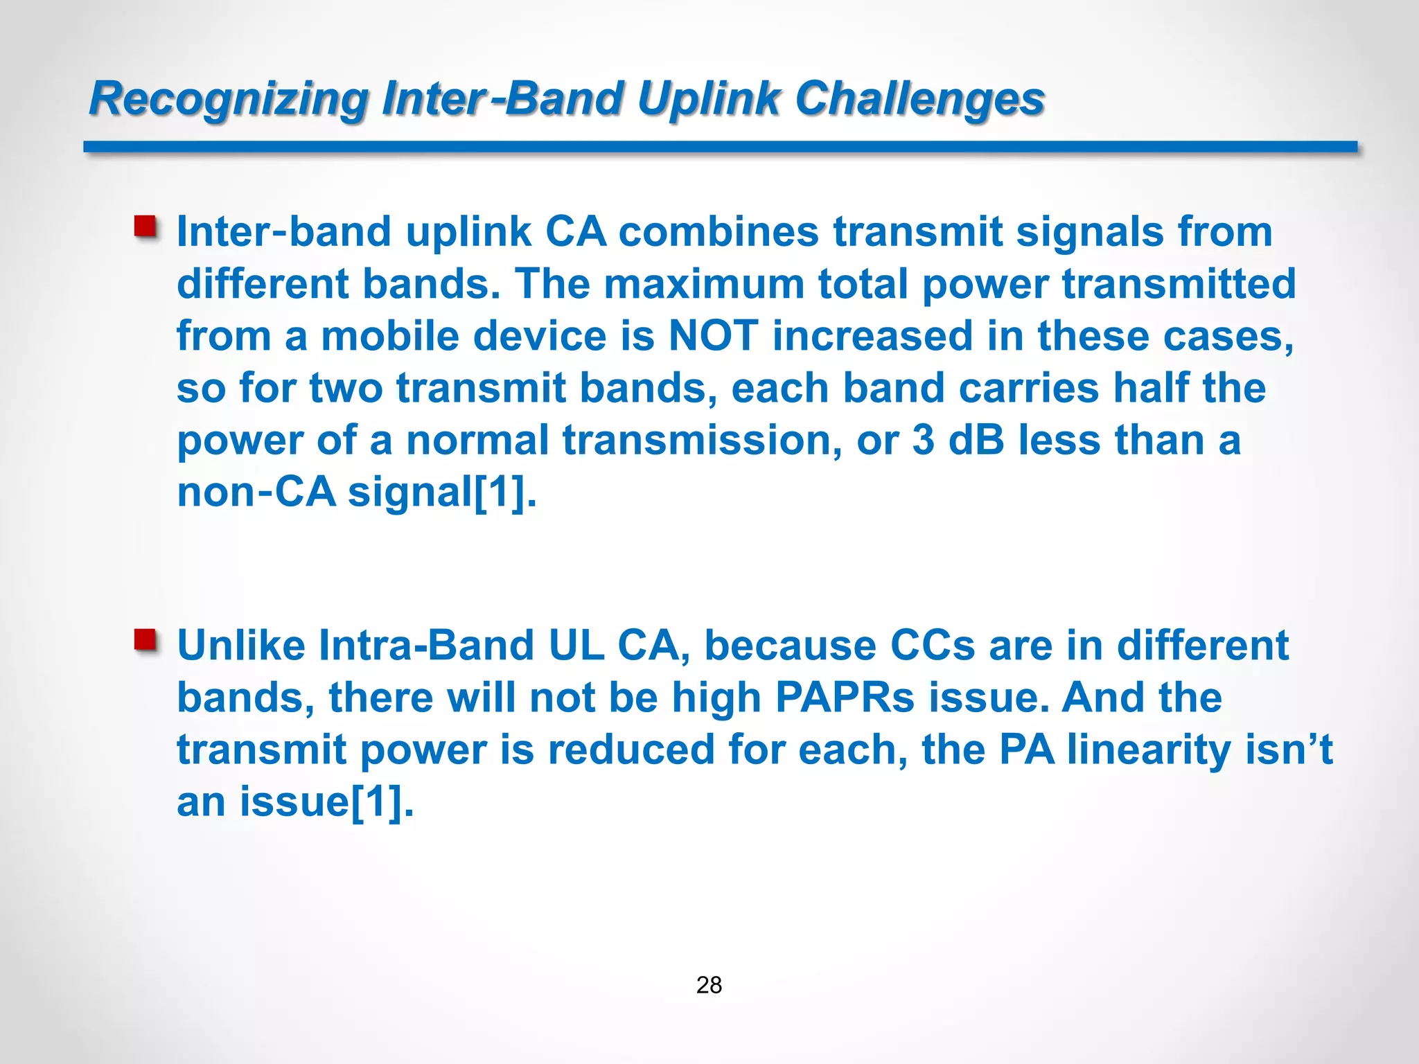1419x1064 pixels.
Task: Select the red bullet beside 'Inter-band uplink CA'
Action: pos(146,227)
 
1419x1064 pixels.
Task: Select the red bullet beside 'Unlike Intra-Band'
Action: pos(146,640)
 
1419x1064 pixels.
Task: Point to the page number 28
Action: pos(709,984)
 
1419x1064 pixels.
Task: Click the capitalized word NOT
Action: pos(713,336)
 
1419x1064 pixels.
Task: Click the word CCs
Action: pos(933,646)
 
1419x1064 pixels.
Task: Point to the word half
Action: pos(1151,388)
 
